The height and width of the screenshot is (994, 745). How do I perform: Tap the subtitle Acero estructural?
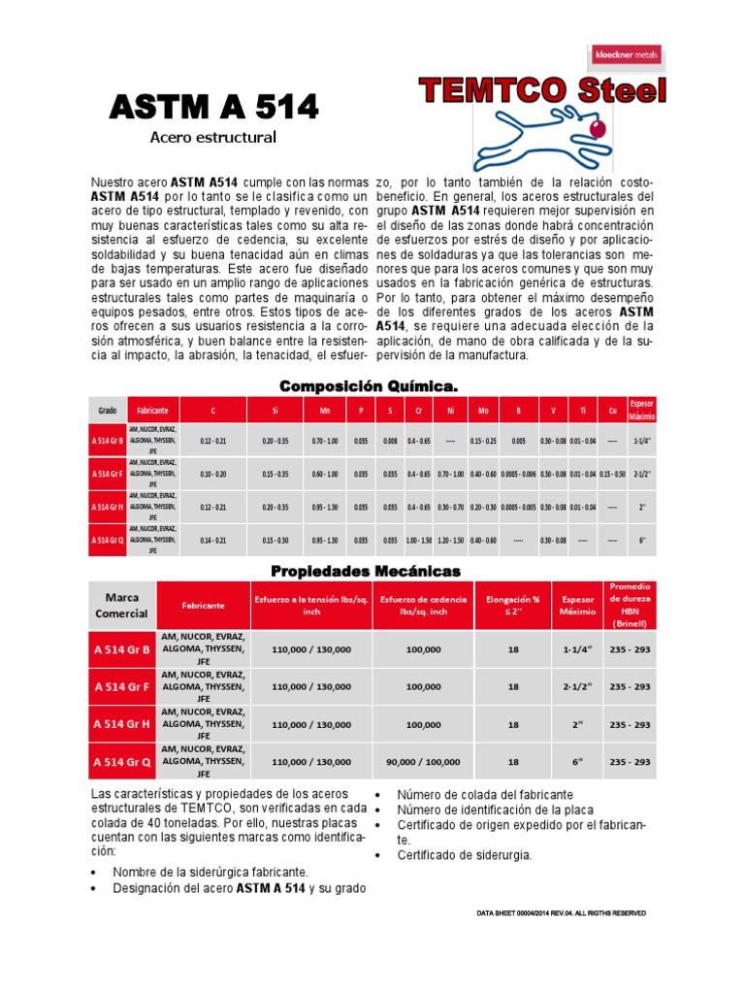click(x=212, y=137)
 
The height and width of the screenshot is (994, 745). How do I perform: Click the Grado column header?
click(x=107, y=412)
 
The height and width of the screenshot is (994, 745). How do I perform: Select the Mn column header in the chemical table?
click(x=325, y=412)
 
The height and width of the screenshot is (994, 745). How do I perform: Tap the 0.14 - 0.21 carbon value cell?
click(x=213, y=540)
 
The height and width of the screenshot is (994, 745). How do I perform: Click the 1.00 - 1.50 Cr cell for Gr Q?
click(x=419, y=540)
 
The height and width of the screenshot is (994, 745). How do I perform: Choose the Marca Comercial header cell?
click(x=121, y=604)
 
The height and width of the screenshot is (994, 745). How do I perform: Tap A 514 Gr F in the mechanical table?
click(x=121, y=686)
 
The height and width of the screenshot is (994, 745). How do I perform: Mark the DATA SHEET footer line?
click(x=562, y=913)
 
